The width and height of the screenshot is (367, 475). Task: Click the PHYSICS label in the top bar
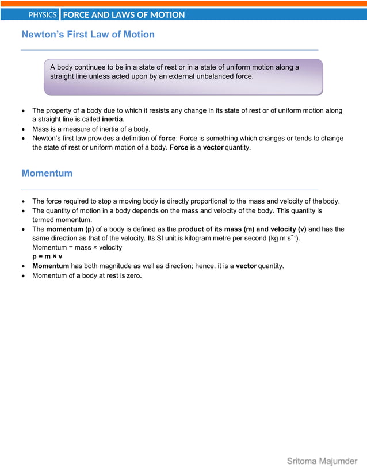pyautogui.click(x=43, y=14)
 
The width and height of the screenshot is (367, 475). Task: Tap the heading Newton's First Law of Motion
pyautogui.click(x=88, y=35)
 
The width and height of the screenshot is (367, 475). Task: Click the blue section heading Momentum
pyautogui.click(x=47, y=173)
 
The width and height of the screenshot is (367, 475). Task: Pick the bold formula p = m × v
pyautogui.click(x=47, y=256)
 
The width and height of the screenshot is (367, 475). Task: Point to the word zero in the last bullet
pyautogui.click(x=132, y=275)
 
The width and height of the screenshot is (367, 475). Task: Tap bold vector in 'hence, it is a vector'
pyautogui.click(x=246, y=266)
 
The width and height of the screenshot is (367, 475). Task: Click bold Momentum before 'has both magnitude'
pyautogui.click(x=51, y=266)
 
